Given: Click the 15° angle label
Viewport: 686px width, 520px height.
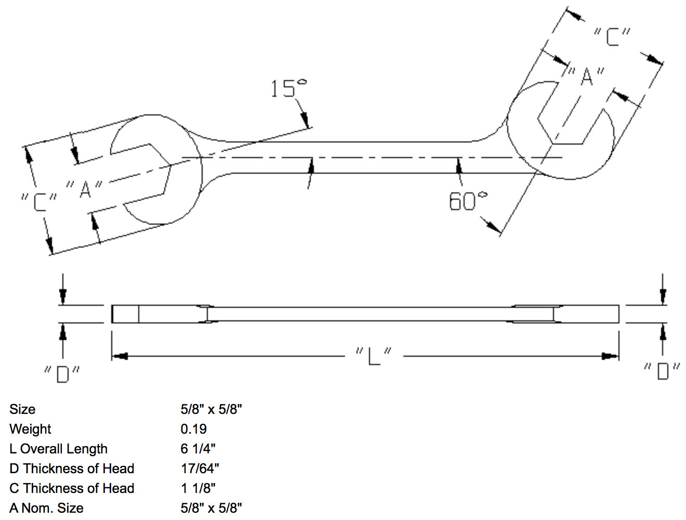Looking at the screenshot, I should coord(288,88).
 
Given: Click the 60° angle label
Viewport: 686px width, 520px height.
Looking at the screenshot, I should coord(468,201).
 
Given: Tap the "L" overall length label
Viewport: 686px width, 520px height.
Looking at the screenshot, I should coord(374,356).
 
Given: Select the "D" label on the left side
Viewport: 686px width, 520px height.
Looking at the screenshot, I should coord(62,373).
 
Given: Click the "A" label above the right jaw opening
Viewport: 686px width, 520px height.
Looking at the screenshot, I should coord(586,76).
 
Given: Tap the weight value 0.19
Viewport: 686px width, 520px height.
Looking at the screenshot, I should coord(193,429).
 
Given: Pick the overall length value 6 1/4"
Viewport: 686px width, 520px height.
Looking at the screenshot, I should coord(198,449).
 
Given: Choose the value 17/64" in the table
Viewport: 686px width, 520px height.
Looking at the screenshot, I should coord(200,469).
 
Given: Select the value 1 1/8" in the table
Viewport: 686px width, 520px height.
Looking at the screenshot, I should coord(198,488).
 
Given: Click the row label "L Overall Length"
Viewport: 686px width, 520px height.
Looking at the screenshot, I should coord(58,449).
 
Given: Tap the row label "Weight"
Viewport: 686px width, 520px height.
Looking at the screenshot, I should coord(30,429).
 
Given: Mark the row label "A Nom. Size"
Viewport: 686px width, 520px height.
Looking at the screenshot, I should coord(46,508).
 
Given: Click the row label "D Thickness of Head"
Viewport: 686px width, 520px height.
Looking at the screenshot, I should coord(72,469).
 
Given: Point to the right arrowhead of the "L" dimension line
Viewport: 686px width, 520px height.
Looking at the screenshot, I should coord(611,356).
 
